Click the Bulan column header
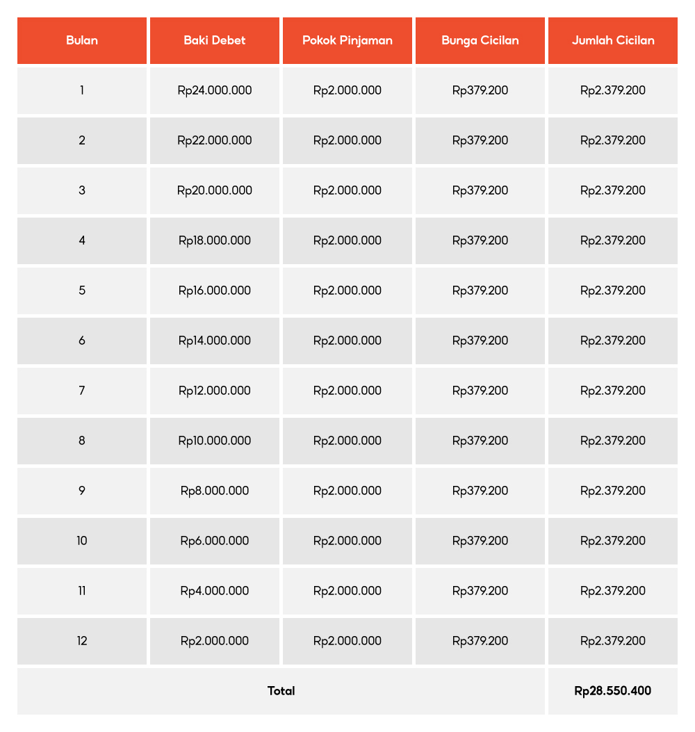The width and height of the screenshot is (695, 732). pyautogui.click(x=82, y=40)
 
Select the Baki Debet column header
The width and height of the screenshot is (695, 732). pyautogui.click(x=215, y=40)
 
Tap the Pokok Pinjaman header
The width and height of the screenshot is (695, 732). pyautogui.click(x=347, y=40)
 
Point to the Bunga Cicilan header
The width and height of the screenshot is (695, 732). pyautogui.click(x=480, y=40)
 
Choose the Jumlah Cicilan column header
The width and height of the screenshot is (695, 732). pyautogui.click(x=613, y=40)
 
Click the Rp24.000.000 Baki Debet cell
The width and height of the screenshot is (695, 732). pyautogui.click(x=215, y=90)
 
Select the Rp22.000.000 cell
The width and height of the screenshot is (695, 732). pyautogui.click(x=215, y=140)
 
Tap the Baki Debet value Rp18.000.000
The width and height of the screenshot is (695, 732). pyautogui.click(x=215, y=241)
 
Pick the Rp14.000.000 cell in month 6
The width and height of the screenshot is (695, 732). pyautogui.click(x=215, y=341)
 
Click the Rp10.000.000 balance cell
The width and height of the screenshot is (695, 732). pyautogui.click(x=215, y=441)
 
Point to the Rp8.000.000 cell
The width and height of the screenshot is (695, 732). pyautogui.click(x=215, y=491)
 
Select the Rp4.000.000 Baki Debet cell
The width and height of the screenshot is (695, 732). pyautogui.click(x=215, y=591)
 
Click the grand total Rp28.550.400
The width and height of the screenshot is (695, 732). pyautogui.click(x=613, y=691)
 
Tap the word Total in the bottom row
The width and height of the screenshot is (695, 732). pyautogui.click(x=281, y=691)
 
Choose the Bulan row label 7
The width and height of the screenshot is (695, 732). pyautogui.click(x=82, y=391)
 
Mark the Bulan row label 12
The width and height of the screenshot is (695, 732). pyautogui.click(x=82, y=641)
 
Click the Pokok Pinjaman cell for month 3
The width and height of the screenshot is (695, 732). pyautogui.click(x=347, y=190)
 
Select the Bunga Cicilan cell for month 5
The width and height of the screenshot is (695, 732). pyautogui.click(x=480, y=291)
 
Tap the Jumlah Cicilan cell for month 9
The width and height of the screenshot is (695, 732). pyautogui.click(x=613, y=491)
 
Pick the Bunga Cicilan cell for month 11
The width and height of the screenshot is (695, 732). pyautogui.click(x=480, y=591)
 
